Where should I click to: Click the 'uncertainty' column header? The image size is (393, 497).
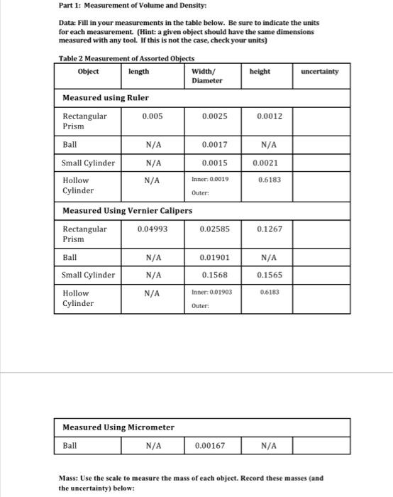pos(319,71)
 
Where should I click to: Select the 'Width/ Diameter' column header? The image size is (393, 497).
pos(207,76)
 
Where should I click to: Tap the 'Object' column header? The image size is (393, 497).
pos(89,71)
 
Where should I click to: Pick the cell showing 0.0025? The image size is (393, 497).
pos(214,116)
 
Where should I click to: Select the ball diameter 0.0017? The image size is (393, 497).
pos(214,145)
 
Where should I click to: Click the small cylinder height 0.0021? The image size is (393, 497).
pos(266,163)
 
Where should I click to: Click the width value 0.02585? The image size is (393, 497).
pos(214,229)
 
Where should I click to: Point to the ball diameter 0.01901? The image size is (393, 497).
pos(214,258)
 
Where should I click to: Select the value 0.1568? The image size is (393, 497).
pos(214,275)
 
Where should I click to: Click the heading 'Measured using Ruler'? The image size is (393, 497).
pos(106,97)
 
